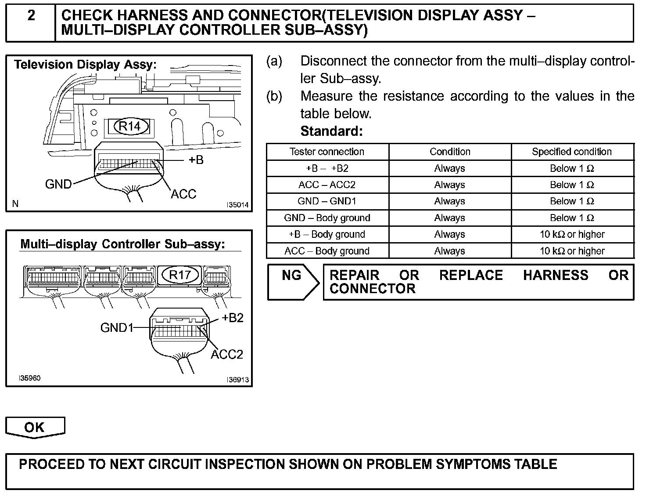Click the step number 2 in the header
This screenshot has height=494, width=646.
tap(31, 15)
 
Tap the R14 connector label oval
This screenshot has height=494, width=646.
tap(130, 127)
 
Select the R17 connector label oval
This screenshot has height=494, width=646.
tap(180, 275)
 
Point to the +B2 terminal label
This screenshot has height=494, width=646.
tap(232, 318)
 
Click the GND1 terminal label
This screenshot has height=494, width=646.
tap(116, 328)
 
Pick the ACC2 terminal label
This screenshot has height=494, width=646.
tap(226, 354)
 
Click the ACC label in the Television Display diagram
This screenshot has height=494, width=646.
tap(183, 194)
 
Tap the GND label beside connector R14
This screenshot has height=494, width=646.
tap(58, 184)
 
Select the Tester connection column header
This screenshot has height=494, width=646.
tap(327, 152)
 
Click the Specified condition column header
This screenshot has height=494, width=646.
tap(572, 152)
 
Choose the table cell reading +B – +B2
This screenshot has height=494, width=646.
tap(327, 168)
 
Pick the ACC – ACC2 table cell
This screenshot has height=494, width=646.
tap(327, 185)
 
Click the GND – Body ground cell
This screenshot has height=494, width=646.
tap(327, 218)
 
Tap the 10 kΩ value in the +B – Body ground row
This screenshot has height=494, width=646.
tap(572, 234)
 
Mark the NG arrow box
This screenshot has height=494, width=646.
tap(293, 282)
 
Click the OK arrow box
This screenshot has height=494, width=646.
tap(35, 427)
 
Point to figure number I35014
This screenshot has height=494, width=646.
tap(237, 205)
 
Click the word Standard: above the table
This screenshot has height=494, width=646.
tap(331, 131)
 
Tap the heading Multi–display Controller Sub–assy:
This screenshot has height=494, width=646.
tap(123, 244)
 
